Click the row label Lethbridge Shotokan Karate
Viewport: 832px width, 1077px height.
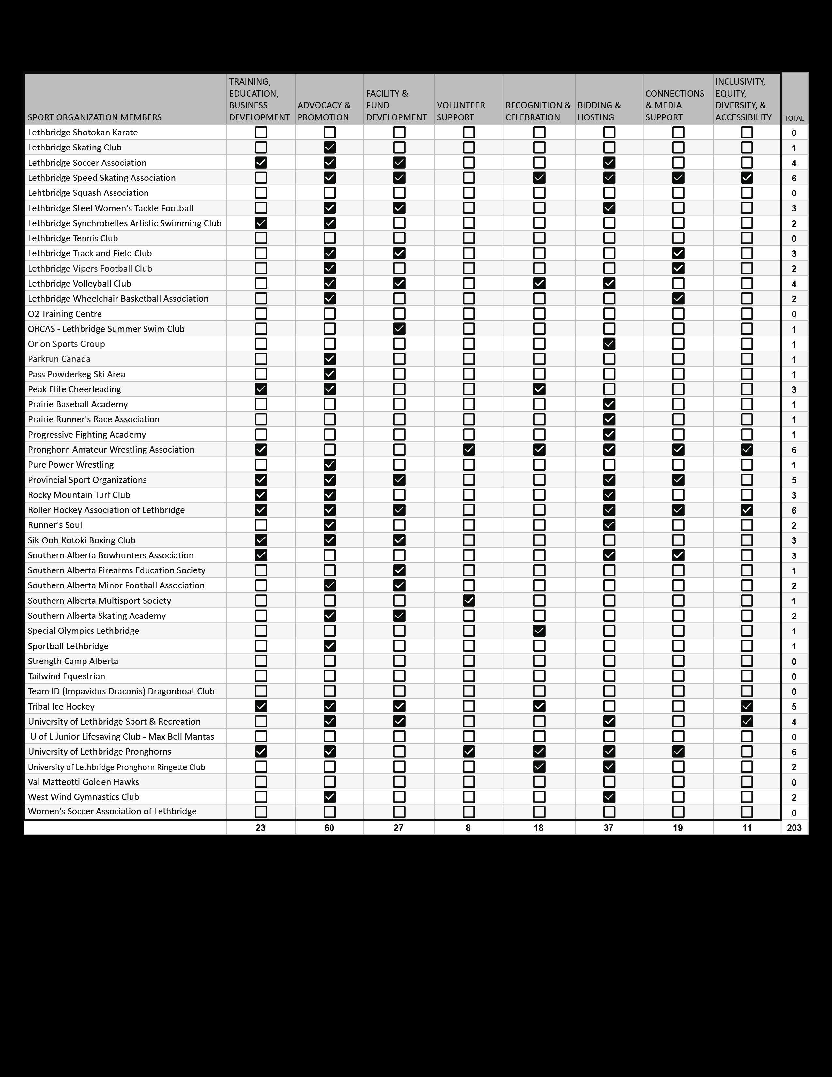point(83,132)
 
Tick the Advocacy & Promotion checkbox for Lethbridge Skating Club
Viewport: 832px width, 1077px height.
point(329,148)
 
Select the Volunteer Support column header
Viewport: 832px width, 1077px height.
point(461,111)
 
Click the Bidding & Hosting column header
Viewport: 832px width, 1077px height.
point(599,111)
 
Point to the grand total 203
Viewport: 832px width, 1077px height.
point(794,827)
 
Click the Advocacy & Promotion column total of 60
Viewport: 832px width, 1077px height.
point(329,827)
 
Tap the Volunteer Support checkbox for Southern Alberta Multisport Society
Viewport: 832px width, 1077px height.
point(469,601)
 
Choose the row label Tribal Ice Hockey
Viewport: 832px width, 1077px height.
point(61,706)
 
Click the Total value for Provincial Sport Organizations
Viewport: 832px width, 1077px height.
point(794,480)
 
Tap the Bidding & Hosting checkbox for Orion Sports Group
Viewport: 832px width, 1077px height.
point(609,344)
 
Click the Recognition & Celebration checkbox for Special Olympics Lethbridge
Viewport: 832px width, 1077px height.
point(539,631)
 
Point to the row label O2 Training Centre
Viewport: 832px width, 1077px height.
point(65,314)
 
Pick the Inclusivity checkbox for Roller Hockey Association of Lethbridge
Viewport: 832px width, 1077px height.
point(747,510)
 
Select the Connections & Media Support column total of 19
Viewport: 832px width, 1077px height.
point(678,827)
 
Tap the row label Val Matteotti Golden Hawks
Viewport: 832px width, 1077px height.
point(83,782)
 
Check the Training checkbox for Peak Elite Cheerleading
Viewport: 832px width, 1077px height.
point(261,389)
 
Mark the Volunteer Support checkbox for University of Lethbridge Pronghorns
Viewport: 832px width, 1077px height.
point(469,752)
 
